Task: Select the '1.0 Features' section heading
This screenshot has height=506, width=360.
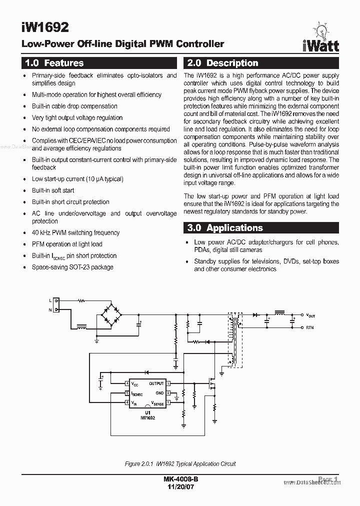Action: click(x=54, y=63)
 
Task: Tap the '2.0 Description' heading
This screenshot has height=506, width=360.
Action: click(x=221, y=63)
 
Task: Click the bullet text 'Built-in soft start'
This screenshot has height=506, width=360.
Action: click(x=53, y=190)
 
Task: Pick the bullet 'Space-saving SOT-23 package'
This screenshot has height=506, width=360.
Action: click(x=72, y=267)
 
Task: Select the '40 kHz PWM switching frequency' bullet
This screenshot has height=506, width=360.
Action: click(x=75, y=232)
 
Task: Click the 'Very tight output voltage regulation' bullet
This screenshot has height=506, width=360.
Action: click(x=77, y=117)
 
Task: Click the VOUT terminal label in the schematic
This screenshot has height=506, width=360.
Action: click(x=310, y=315)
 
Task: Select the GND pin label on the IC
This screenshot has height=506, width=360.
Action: click(x=159, y=393)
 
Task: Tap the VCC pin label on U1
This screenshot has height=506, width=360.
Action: click(x=135, y=383)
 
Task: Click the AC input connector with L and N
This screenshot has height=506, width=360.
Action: click(x=55, y=305)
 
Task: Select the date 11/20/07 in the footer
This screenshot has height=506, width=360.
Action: click(x=180, y=487)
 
